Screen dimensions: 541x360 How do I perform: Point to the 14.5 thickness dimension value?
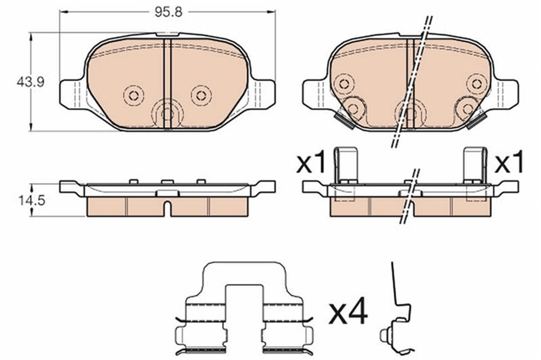tap(32, 200)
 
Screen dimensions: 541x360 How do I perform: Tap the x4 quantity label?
tap(348, 313)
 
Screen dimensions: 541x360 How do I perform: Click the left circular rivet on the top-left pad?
tap(134, 95)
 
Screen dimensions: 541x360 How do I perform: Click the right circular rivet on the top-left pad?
tap(201, 95)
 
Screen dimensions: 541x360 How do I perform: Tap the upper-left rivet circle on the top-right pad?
tap(344, 83)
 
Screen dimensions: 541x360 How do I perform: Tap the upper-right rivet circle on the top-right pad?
tap(477, 83)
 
